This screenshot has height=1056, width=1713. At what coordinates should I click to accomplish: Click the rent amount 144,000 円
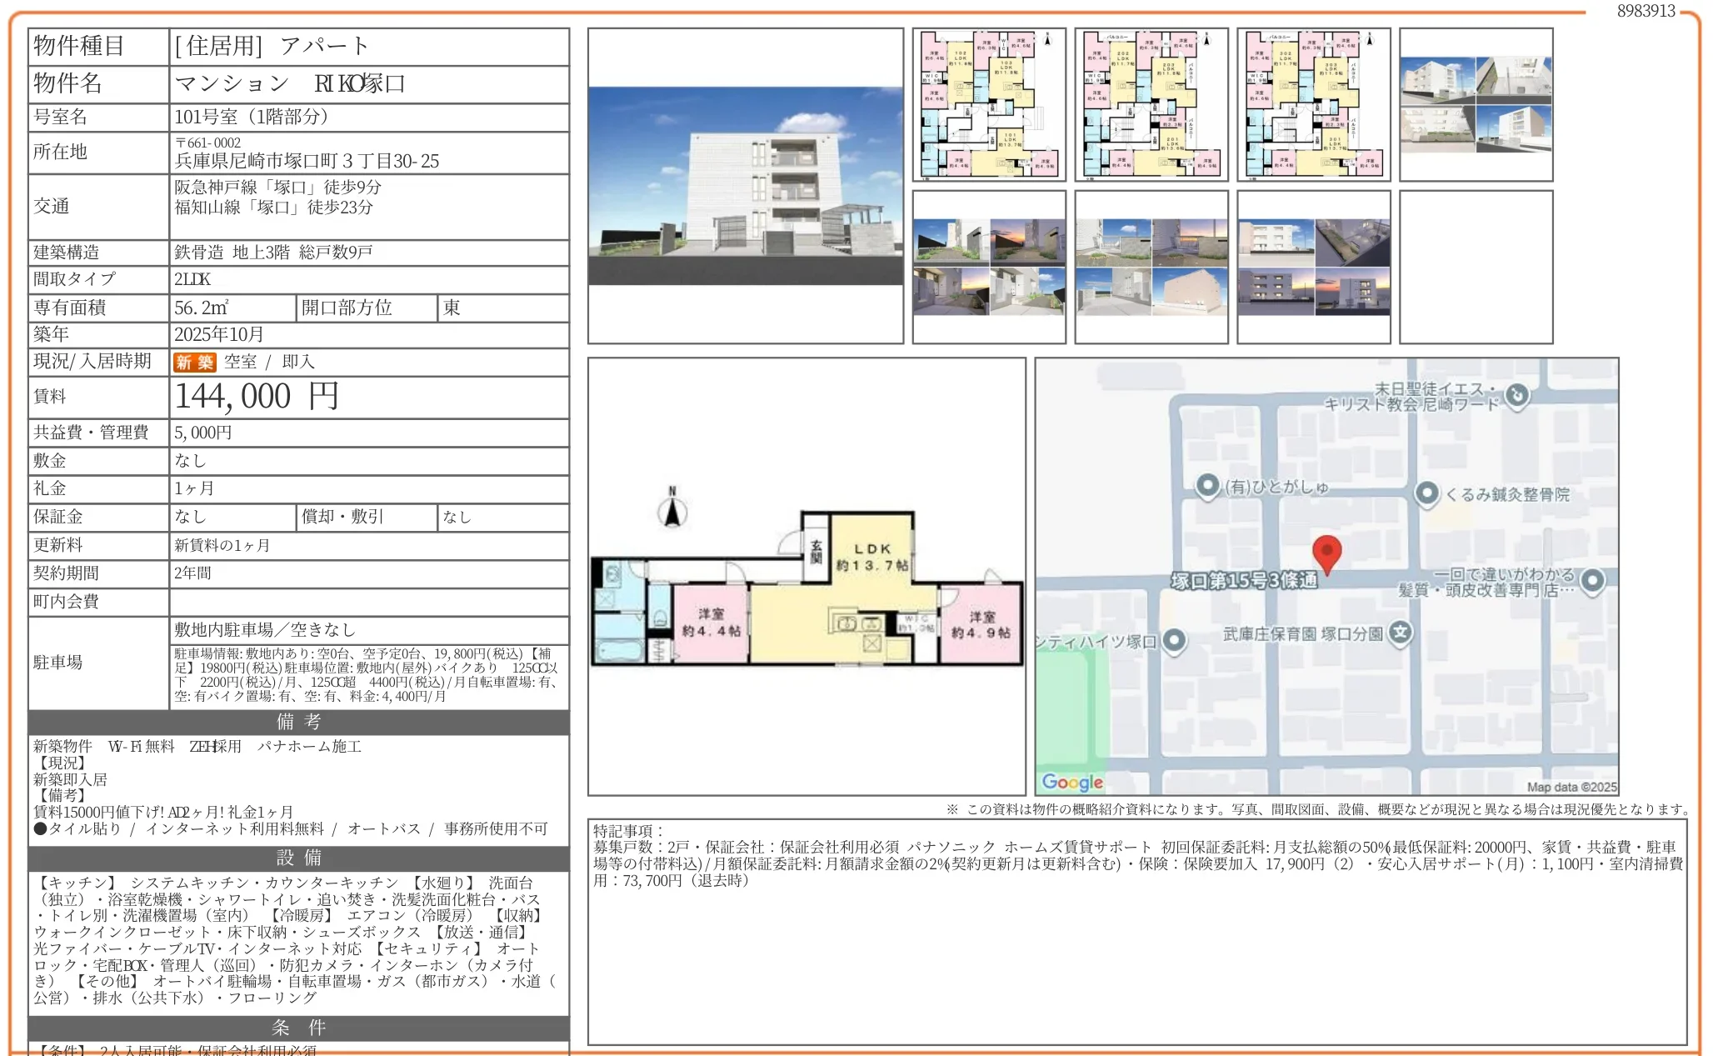pos(257,397)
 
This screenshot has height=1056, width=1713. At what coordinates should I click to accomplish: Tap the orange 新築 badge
pos(194,362)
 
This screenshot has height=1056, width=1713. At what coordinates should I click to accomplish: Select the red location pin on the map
pos(1326,553)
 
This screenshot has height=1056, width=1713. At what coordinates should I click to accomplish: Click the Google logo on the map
pos(1072,782)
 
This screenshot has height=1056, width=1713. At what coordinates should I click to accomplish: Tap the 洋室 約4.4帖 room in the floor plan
pos(711,623)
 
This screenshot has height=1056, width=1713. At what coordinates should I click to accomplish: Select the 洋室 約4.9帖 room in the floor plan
pos(981,624)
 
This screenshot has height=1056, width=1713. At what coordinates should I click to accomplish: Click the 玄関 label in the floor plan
pos(816,550)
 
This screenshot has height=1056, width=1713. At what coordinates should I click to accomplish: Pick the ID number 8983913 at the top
pos(1646,11)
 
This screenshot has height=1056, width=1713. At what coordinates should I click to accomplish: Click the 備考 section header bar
pos(298,722)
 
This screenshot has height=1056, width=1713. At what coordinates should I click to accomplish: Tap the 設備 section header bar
pos(298,858)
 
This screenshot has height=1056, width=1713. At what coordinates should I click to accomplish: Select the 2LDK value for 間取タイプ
pos(192,279)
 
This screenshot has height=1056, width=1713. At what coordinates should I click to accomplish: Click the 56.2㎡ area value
pos(202,308)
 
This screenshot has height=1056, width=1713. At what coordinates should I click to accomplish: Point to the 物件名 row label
pos(68,83)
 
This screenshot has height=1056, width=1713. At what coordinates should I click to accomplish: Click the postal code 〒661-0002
pos(208,143)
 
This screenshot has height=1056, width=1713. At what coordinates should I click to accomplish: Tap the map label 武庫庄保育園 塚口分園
pos(1303,634)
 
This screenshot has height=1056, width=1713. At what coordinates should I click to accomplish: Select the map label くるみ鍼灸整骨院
pos(1506,494)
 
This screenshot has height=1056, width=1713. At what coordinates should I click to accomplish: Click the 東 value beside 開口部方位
pos(452,308)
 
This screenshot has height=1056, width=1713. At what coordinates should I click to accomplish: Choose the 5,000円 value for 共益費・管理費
pos(203,433)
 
